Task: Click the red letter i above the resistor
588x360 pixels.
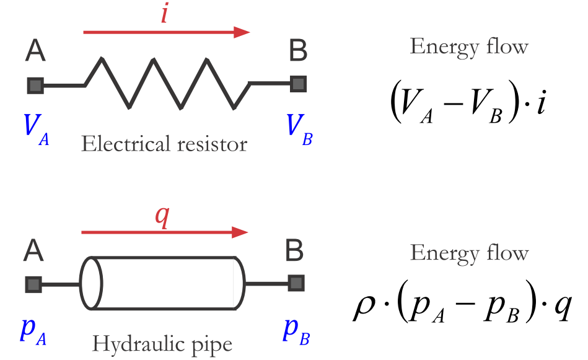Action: [164, 13]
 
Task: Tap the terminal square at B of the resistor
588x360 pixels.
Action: [299, 83]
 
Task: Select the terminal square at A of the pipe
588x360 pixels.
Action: [33, 284]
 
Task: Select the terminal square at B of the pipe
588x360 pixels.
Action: [297, 284]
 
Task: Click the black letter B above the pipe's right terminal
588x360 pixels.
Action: [295, 252]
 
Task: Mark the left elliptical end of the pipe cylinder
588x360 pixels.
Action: [91, 283]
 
